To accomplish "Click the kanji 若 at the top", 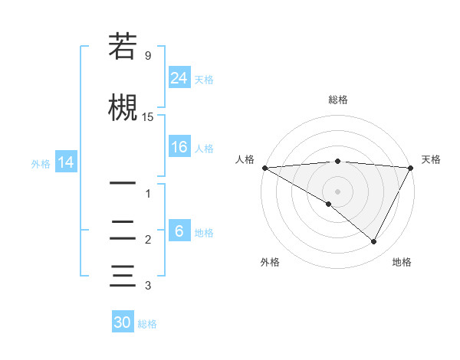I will click(123, 47).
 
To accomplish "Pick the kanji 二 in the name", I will click(123, 229).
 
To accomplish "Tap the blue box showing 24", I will click(179, 77).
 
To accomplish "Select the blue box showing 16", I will click(179, 147).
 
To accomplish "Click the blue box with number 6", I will click(179, 231).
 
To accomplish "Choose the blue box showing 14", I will click(65, 162).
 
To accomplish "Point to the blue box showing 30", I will click(123, 322).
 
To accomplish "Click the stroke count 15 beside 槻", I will click(148, 117).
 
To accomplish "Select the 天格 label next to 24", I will click(204, 79).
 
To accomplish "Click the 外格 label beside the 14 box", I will click(41, 163).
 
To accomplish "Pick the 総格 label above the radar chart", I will click(337, 100).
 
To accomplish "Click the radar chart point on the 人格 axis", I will click(264, 168).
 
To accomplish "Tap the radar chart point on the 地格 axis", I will click(374, 241).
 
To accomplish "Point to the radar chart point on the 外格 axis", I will click(329, 204).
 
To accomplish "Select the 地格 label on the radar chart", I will click(402, 262).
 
